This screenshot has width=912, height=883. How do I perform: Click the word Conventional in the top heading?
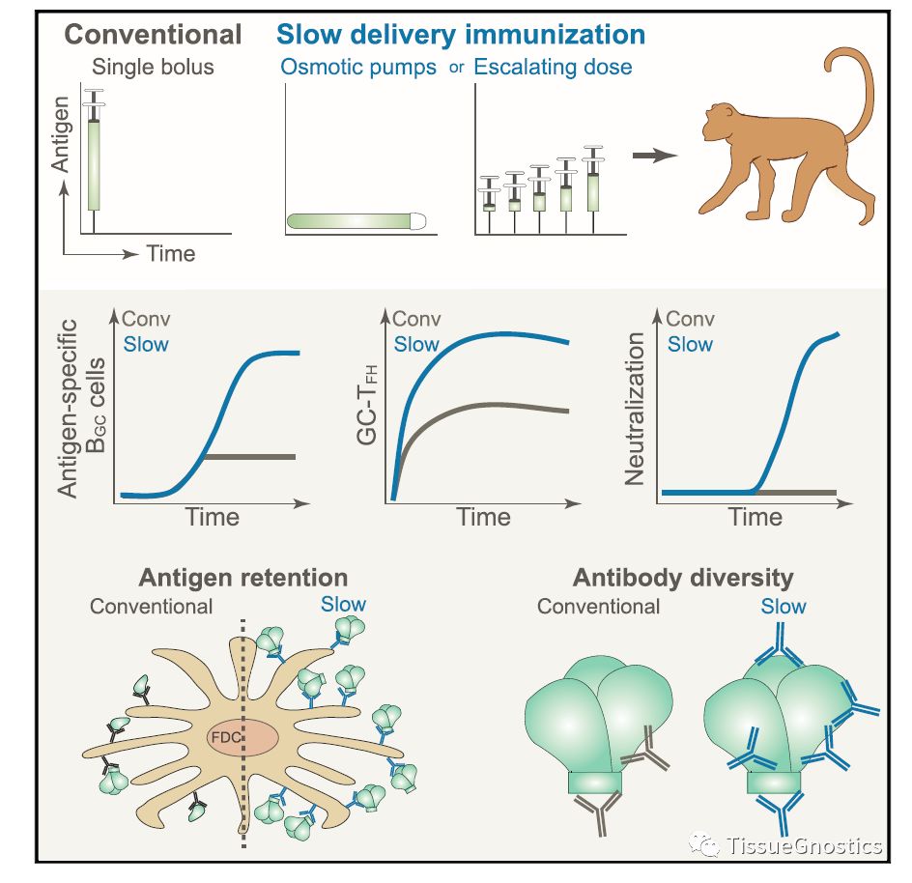[x=153, y=35]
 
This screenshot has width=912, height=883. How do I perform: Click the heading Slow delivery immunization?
[x=461, y=35]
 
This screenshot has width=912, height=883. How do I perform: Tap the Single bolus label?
[x=152, y=68]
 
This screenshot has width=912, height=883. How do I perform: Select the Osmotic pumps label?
[x=357, y=69]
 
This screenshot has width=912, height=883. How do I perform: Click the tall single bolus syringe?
[x=94, y=155]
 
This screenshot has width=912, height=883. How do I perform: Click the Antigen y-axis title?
[x=60, y=135]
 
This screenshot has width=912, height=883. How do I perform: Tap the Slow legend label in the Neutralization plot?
[x=690, y=344]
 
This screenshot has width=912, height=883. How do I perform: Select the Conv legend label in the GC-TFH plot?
[x=418, y=319]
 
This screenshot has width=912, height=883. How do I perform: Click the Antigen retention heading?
[x=242, y=578]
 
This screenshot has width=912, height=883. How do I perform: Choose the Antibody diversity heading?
[x=683, y=578]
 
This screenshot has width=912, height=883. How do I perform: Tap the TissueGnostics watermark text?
[x=806, y=847]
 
